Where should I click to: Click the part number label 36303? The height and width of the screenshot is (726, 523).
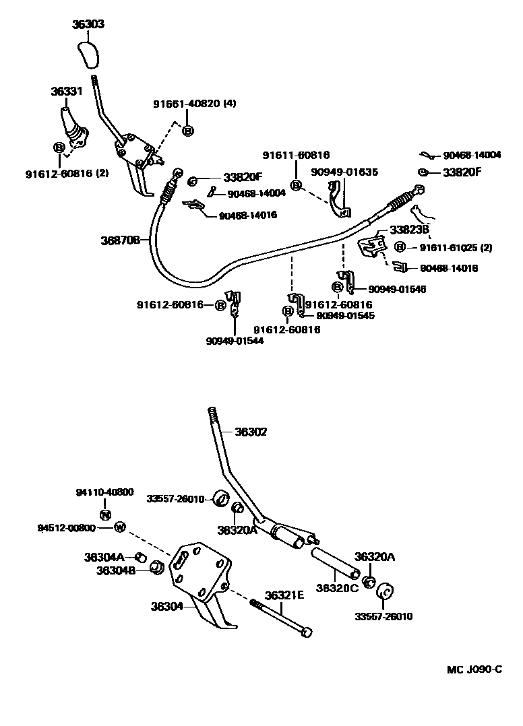tap(88, 25)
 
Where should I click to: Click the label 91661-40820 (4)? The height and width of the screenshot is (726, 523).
tap(194, 104)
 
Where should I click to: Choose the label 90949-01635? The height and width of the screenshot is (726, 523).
tap(344, 172)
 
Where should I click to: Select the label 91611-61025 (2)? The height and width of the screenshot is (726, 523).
tap(456, 247)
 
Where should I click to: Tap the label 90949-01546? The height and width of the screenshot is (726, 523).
tap(397, 289)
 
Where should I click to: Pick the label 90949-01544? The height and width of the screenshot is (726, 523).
tap(235, 341)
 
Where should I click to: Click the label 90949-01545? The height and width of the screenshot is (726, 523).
tap(345, 315)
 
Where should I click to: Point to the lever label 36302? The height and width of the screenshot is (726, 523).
tap(251, 432)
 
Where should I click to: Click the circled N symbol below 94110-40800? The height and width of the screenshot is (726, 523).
tap(104, 515)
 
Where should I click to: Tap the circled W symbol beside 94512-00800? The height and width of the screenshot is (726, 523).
tap(119, 527)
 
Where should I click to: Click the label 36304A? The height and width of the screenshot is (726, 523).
tap(104, 557)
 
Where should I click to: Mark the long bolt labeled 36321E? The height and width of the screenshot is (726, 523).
tap(280, 618)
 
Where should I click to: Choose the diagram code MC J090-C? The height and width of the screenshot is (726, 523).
tap(474, 669)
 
